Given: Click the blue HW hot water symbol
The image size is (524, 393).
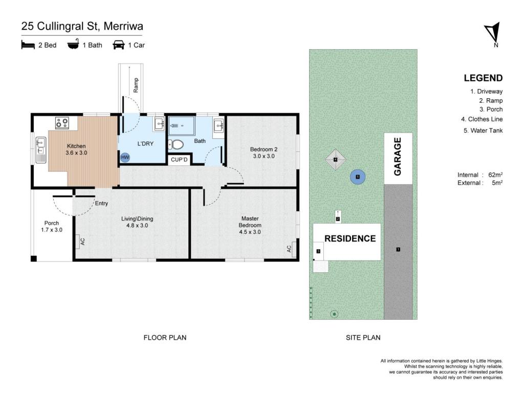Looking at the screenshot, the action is tap(125, 157).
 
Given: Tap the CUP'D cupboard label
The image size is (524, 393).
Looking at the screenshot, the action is tap(179, 160).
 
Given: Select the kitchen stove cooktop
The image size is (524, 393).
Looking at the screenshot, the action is tap(62, 123).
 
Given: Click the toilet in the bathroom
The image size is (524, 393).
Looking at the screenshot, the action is tap(176, 145).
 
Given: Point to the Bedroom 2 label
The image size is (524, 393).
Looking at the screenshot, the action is tap(264, 152).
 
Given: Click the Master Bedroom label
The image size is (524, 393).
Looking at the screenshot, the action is tap(250, 225).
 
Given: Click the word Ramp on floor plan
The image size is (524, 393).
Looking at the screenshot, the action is tap(136, 85).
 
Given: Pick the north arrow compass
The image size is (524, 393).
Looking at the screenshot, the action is tap(493, 33).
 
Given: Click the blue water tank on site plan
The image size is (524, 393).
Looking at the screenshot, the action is tap(358, 177).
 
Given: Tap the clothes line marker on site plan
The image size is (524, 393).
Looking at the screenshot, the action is tap(335, 160).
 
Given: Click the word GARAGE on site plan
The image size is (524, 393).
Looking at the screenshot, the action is tap(397, 157).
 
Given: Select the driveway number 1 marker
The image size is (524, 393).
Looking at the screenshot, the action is tap(398, 249).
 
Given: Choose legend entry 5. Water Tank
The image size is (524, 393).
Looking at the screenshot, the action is tap(483, 130).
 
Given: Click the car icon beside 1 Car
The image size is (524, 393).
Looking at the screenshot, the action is tap(119, 45).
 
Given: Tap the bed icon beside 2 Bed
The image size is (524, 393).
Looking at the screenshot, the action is tap(28, 45).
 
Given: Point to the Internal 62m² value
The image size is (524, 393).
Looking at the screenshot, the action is tap(495, 175).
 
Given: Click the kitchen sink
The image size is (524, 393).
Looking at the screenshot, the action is tap(41, 149).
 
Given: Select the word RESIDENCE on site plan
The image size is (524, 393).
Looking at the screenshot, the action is tap(350, 238).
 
